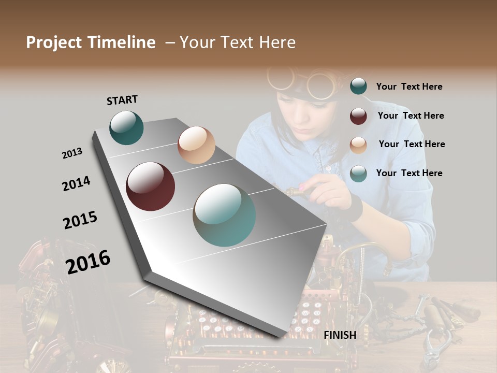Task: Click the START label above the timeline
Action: point(122,100)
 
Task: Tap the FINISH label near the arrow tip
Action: point(340,335)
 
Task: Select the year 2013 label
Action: point(72,153)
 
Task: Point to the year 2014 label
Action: point(76,183)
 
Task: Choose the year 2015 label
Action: point(80,220)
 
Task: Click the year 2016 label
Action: point(88,262)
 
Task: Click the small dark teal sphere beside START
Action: point(126,127)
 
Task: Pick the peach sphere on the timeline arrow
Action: point(196,145)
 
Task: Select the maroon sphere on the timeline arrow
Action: point(150,187)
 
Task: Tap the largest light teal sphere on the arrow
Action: point(224,215)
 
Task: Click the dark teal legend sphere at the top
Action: point(358,87)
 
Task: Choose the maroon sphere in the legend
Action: point(358,116)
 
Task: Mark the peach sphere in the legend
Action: point(358,145)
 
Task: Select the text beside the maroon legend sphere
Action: point(411,116)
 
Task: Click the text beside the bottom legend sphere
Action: point(409,173)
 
